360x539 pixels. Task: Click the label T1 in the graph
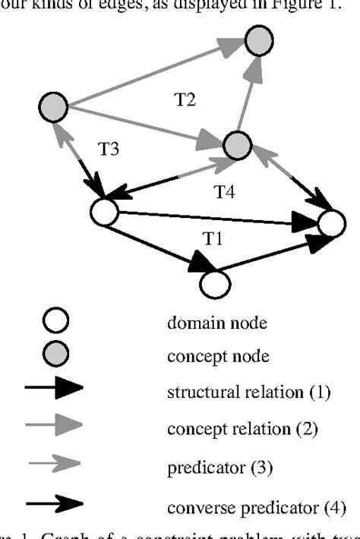[212, 238]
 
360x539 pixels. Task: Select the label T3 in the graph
[108, 149]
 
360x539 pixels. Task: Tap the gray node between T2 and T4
[237, 143]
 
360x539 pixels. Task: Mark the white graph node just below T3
[103, 212]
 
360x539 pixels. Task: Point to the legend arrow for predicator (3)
[54, 468]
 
